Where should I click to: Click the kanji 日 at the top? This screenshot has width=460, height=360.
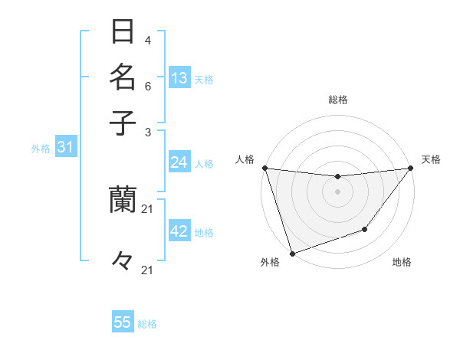coord(123,33)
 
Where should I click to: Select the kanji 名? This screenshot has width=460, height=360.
coord(123,77)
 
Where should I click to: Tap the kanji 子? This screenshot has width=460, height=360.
coord(123,122)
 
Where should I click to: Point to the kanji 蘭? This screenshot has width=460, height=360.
coord(123,199)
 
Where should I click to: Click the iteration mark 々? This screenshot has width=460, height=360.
coord(123,261)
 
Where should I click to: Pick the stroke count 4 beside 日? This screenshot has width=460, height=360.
coord(148,41)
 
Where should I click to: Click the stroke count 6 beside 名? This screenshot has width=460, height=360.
coord(148,86)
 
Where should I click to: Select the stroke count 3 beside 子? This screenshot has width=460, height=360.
coord(148,132)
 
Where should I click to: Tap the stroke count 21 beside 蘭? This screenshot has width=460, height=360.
coord(148,208)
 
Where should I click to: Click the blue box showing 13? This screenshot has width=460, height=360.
coord(179,78)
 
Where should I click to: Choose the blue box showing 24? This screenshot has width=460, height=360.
coord(179,162)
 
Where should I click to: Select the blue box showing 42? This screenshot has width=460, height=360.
coord(179,231)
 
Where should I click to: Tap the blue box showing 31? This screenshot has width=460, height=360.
coord(65,148)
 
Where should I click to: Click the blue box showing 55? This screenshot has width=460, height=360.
coord(123,322)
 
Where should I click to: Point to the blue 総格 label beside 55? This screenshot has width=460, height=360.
coord(147,324)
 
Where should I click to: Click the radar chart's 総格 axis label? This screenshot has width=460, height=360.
coord(338,100)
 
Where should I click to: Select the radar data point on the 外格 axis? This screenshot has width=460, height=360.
coord(292,253)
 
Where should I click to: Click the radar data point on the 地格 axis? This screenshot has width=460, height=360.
coord(365,229)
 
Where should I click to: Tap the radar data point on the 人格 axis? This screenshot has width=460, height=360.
coord(264,168)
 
